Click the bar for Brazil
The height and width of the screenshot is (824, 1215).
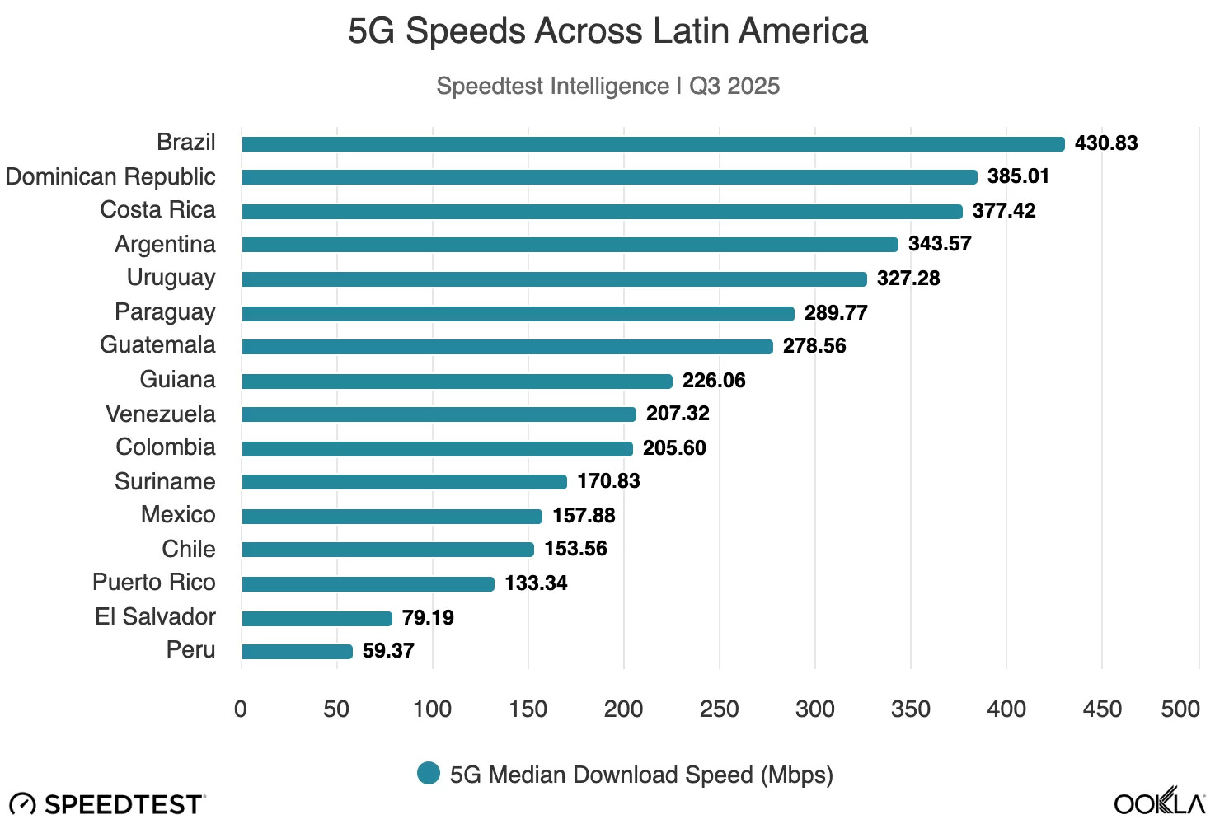pyautogui.click(x=653, y=144)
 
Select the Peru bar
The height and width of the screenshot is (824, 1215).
pyautogui.click(x=297, y=652)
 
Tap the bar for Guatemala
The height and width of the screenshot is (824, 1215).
pyautogui.click(x=507, y=347)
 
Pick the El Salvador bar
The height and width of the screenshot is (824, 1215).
pyautogui.click(x=317, y=619)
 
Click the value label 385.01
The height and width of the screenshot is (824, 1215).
pyautogui.click(x=1018, y=176)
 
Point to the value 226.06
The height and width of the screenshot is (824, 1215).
pyautogui.click(x=714, y=381)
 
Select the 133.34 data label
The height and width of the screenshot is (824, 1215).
pyautogui.click(x=536, y=583)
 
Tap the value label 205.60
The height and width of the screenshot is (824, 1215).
pyautogui.click(x=674, y=448)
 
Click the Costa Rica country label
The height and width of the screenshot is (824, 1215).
pyautogui.click(x=157, y=210)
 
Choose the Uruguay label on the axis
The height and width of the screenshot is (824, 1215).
pyautogui.click(x=171, y=278)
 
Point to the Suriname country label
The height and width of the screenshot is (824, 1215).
pyautogui.click(x=165, y=481)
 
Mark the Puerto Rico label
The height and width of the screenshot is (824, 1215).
pyautogui.click(x=153, y=583)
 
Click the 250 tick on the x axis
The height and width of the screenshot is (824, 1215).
pyautogui.click(x=719, y=709)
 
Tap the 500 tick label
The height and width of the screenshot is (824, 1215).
pyautogui.click(x=1180, y=709)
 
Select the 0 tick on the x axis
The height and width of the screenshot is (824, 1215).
pyautogui.click(x=241, y=709)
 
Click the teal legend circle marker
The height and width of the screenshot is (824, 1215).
pyautogui.click(x=429, y=774)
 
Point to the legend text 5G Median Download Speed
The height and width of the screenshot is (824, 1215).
pyautogui.click(x=641, y=775)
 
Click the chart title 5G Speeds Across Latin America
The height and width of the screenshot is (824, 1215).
pyautogui.click(x=607, y=31)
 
